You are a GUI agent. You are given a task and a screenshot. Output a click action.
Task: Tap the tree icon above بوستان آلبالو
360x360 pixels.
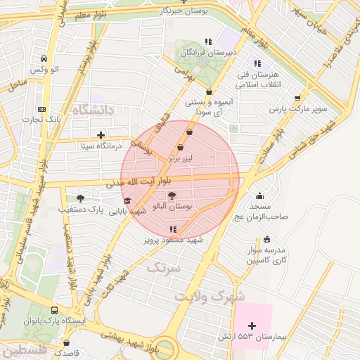(173, 196)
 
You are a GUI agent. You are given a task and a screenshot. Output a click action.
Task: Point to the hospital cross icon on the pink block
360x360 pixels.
(252, 325)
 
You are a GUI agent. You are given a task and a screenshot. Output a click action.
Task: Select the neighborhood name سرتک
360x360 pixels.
(163, 268)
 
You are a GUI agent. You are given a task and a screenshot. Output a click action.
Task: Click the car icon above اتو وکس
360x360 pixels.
(44, 58)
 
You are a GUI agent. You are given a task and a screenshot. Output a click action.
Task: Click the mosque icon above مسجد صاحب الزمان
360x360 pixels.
(260, 196)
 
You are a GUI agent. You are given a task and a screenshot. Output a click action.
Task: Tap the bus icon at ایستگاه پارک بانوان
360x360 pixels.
(55, 310)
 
